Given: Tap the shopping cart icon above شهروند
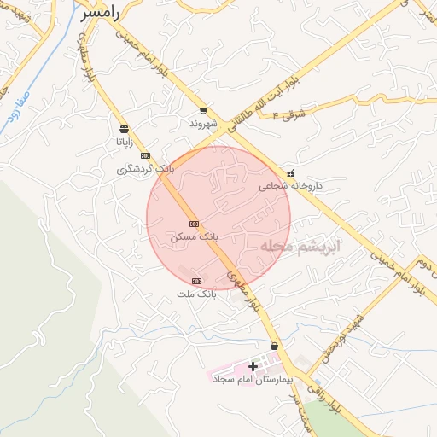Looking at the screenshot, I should (202, 111).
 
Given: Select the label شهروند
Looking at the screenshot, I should (206, 124).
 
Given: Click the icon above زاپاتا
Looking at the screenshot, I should (125, 130).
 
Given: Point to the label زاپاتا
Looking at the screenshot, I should (125, 143).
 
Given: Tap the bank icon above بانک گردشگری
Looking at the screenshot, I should (145, 156).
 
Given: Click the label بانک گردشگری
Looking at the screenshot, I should (145, 169).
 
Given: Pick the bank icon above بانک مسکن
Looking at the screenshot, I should (194, 223).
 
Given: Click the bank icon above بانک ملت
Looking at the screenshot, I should (196, 281).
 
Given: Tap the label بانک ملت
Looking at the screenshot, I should (197, 294).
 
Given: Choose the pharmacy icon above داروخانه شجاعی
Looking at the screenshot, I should (291, 172).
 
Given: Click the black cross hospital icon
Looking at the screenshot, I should (253, 365).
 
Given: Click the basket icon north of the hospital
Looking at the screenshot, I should (273, 346).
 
